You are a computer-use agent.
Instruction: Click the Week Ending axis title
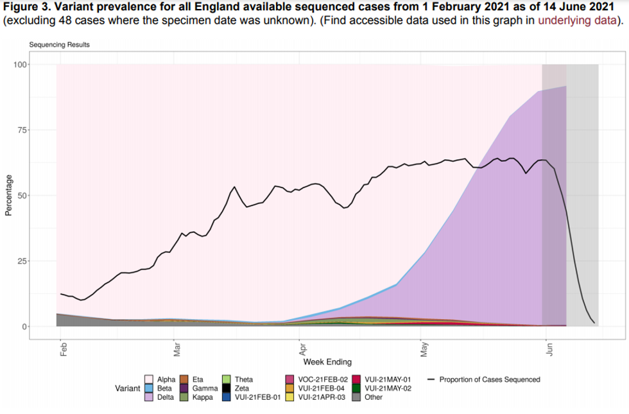(x=327, y=362)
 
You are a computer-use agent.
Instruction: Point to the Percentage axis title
(x=8, y=195)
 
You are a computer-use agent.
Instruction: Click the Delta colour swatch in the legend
(x=149, y=397)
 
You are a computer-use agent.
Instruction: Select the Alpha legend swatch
(x=149, y=379)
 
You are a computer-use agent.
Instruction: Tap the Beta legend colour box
(x=149, y=388)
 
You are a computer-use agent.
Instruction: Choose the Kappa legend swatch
(x=184, y=397)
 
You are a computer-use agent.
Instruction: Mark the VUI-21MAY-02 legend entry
(x=385, y=388)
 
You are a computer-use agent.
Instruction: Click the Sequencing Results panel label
(x=59, y=45)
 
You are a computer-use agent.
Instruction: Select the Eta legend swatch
(x=184, y=379)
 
